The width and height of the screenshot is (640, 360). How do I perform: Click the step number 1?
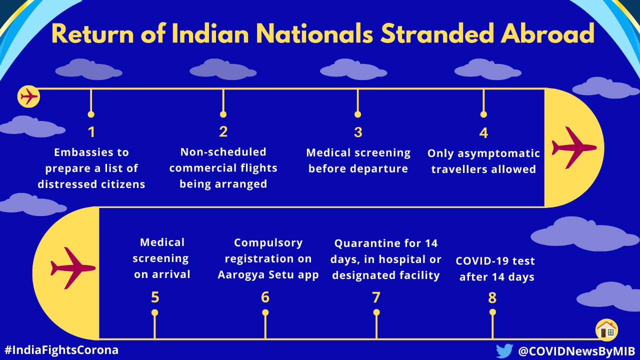[91, 132]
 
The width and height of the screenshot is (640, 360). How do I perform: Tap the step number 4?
[483, 133]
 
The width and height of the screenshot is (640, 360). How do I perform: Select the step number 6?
[265, 297]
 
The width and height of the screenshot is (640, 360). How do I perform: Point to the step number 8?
[492, 298]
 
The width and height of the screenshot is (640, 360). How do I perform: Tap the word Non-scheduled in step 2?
[223, 152]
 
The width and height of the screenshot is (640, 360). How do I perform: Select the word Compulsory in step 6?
[268, 243]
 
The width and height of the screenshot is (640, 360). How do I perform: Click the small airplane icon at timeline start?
[28, 96]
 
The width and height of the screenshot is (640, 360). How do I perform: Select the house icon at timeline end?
[606, 330]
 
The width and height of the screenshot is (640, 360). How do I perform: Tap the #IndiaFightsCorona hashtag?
[61, 350]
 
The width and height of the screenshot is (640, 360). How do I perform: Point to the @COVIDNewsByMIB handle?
[576, 351]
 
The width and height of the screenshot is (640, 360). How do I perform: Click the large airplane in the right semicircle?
[574, 148]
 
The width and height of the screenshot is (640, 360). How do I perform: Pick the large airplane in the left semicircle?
[73, 268]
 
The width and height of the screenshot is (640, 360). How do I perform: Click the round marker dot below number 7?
[376, 312]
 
